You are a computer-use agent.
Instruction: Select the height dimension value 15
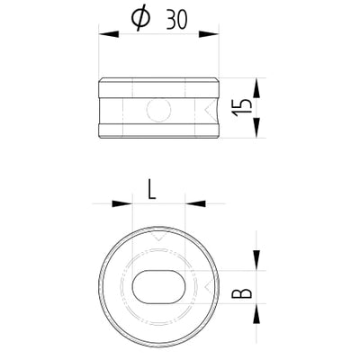pyautogui.click(x=238, y=112)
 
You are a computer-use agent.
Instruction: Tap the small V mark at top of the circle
pyautogui.click(x=158, y=239)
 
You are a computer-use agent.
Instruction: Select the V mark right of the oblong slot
pyautogui.click(x=207, y=286)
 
